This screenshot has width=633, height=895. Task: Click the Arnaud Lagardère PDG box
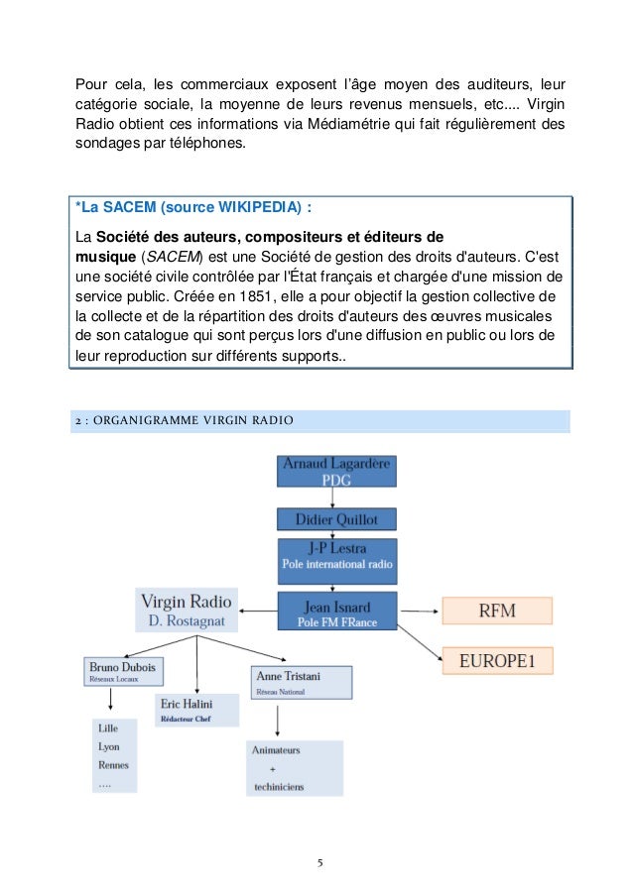coord(337,472)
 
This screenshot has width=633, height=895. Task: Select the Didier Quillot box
coord(337,519)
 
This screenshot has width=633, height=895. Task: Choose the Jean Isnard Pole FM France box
coord(337,611)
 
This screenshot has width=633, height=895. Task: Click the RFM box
coord(496,610)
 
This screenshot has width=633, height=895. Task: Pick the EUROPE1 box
coord(496,659)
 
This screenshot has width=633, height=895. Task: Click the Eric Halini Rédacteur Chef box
coord(196,710)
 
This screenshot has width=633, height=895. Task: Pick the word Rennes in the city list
coord(114,764)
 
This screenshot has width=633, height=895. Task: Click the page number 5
coord(319,861)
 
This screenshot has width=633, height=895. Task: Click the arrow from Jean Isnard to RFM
coord(419,610)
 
